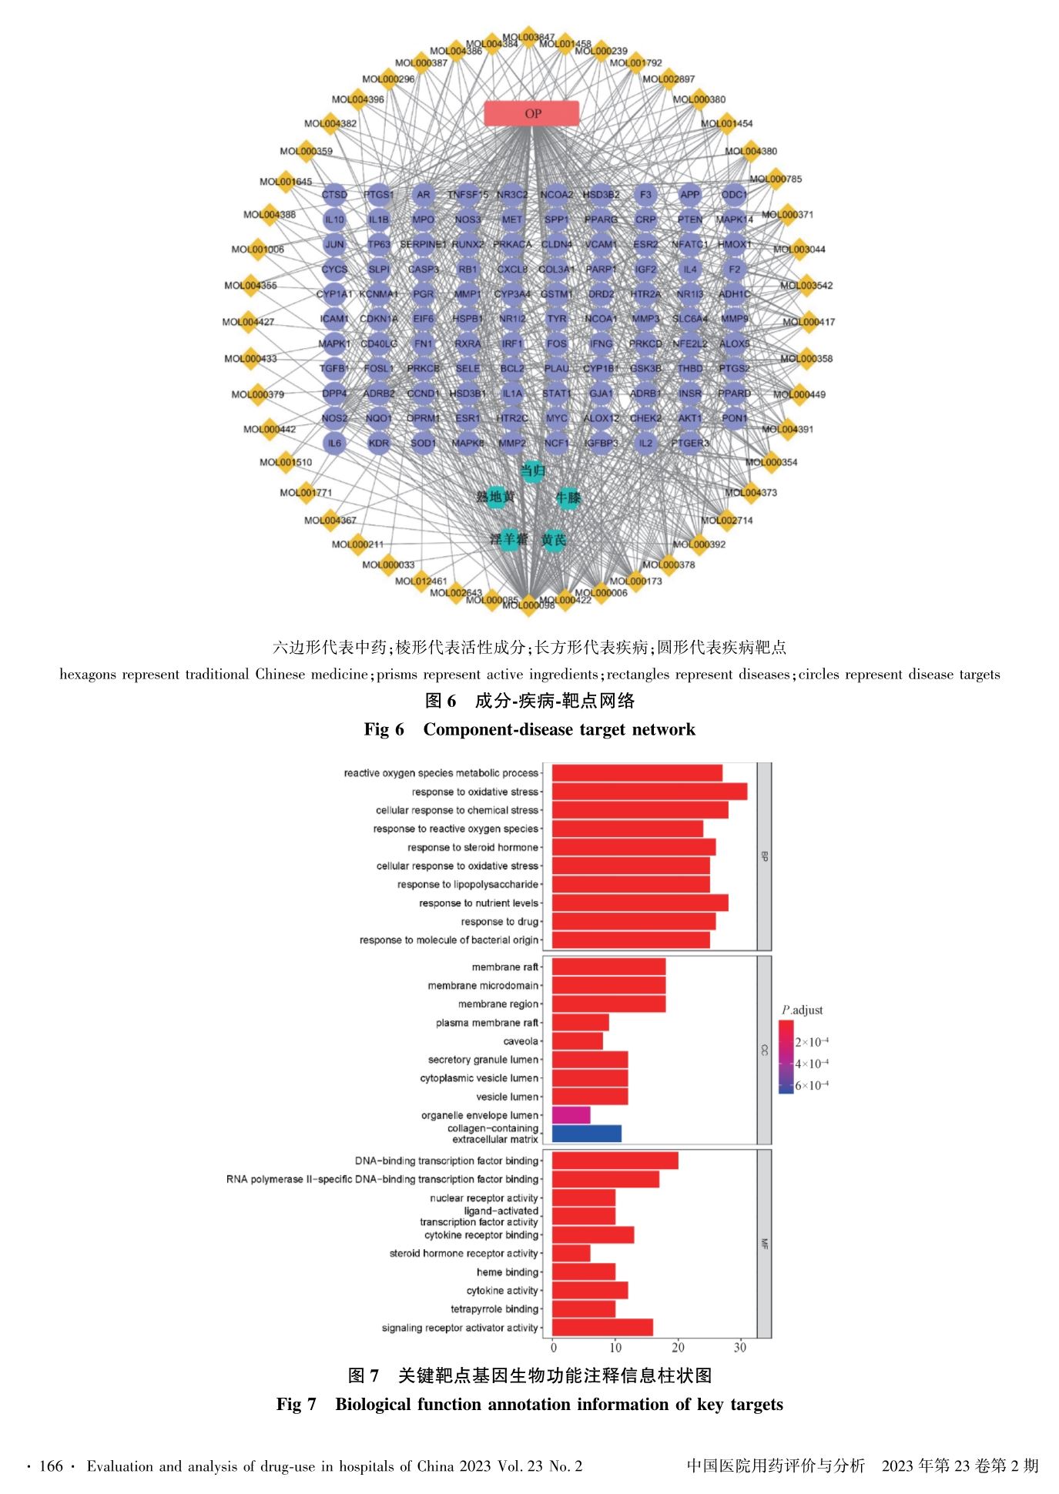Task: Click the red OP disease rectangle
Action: [x=531, y=113]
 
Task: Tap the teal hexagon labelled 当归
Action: [x=532, y=471]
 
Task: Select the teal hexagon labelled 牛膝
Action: [x=568, y=498]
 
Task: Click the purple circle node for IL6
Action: [x=334, y=444]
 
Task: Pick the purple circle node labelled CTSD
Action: [x=334, y=195]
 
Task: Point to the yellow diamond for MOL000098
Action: [x=528, y=605]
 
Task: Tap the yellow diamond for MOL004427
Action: [x=249, y=322]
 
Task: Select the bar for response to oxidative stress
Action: [x=649, y=792]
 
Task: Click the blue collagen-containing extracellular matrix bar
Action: [x=586, y=1134]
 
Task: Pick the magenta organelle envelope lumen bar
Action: [x=571, y=1115]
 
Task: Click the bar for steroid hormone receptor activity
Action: [x=571, y=1253]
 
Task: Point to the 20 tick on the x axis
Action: [x=678, y=1347]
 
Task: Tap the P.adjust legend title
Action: [x=802, y=1010]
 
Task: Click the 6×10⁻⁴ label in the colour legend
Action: [x=812, y=1086]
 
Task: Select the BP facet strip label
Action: [x=764, y=856]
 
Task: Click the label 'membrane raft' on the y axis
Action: [x=504, y=967]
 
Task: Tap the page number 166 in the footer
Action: [x=51, y=1466]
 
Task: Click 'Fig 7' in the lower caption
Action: [x=297, y=1404]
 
